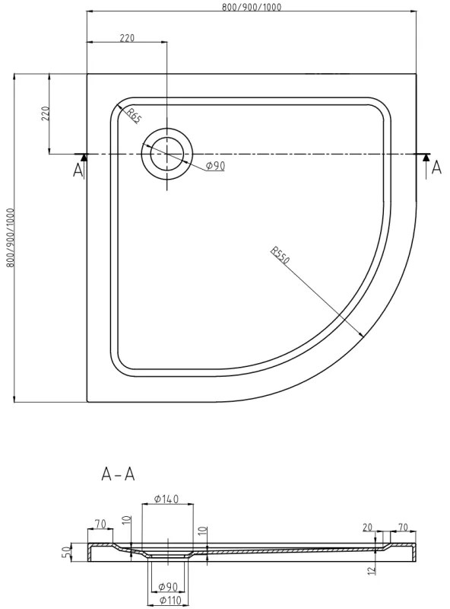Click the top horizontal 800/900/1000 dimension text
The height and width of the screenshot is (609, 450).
point(252,6)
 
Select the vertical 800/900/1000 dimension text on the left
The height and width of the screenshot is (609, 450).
point(9,237)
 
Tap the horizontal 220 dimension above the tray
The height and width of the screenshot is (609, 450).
point(127,38)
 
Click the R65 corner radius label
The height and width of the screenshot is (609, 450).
point(135,116)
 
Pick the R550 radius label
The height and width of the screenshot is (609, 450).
point(279,256)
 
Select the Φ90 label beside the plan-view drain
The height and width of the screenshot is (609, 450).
point(214,166)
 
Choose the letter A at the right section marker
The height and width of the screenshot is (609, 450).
point(436,169)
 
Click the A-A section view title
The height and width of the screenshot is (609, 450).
point(118,474)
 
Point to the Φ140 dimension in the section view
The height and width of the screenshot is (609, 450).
point(166,499)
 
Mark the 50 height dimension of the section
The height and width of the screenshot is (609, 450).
point(65,550)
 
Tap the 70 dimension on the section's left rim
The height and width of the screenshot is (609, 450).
point(99,524)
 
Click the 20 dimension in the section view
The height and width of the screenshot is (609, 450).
point(369,526)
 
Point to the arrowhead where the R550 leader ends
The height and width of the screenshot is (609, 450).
point(362,333)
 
